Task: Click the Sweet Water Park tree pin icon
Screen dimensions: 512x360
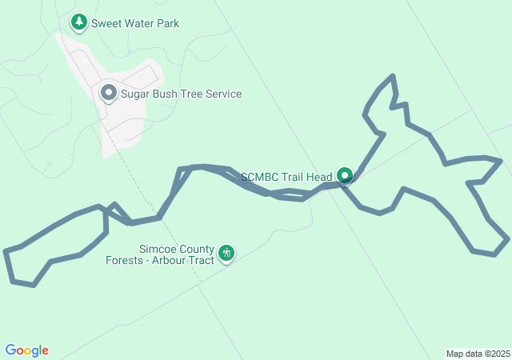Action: point(78,22)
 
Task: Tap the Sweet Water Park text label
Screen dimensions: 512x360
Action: point(135,23)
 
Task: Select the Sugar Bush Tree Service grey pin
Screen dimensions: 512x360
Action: point(109,93)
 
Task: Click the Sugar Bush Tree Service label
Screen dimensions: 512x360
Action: point(181,94)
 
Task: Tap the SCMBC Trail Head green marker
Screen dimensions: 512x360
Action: point(345,174)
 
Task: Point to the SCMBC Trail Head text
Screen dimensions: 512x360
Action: point(286,176)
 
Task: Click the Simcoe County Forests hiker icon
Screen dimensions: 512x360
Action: point(226,254)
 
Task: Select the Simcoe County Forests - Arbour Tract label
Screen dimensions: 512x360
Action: point(160,254)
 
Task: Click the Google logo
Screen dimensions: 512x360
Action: point(26,350)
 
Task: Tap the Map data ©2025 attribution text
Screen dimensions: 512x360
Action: point(478,354)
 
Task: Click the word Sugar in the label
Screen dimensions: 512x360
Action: point(135,94)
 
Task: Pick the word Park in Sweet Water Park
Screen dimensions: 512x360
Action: point(166,23)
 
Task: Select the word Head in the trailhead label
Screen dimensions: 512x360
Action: point(318,176)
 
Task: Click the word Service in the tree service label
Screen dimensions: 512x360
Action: point(222,94)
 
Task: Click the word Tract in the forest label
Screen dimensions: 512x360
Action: point(202,260)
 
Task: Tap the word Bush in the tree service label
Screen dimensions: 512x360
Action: point(167,94)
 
